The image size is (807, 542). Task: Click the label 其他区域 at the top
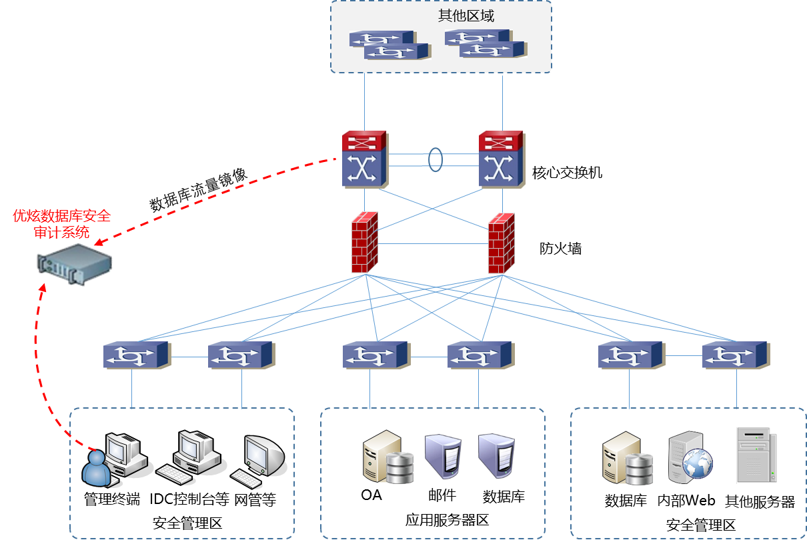(x=466, y=16)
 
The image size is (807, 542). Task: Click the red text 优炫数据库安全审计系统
(x=61, y=224)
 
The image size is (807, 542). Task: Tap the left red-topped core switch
(x=365, y=159)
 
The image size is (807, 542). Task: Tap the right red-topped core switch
(x=502, y=159)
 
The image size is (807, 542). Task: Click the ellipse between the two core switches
(x=435, y=160)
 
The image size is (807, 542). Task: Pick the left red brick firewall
(x=365, y=243)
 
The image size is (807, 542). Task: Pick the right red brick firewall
(x=502, y=243)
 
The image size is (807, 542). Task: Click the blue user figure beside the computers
(x=95, y=467)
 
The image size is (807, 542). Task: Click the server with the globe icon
(x=690, y=458)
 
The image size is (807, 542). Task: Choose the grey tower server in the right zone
(x=756, y=455)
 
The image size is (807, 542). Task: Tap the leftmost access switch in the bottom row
(x=137, y=355)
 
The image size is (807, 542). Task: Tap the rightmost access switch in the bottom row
(x=736, y=355)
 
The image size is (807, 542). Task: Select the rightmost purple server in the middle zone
(x=496, y=456)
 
